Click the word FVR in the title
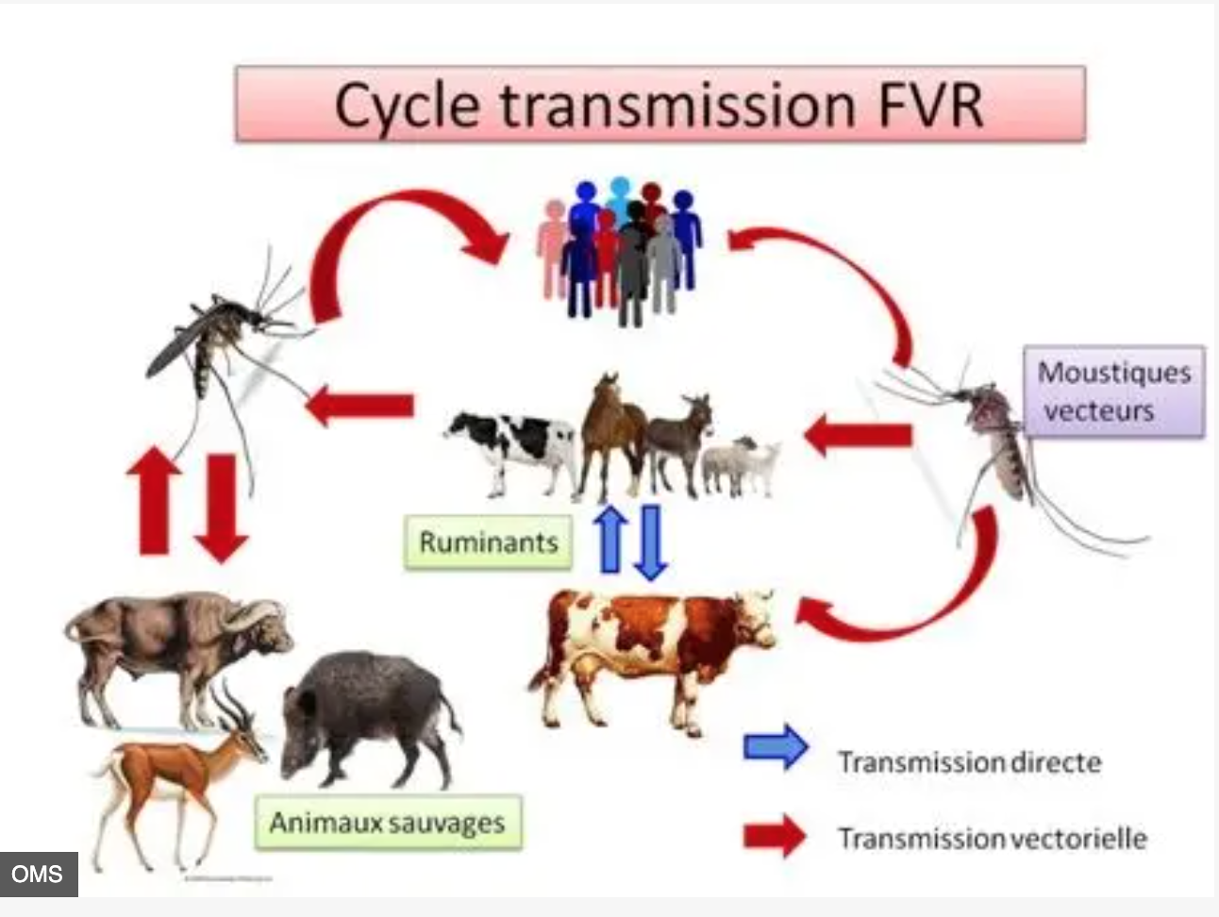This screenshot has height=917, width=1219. [x=929, y=105]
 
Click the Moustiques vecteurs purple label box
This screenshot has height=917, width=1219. [x=1114, y=392]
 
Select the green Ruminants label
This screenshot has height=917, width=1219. [x=488, y=542]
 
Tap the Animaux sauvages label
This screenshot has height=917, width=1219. [x=388, y=823]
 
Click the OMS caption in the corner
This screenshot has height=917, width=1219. [x=38, y=874]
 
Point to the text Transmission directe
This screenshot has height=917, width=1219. [x=969, y=762]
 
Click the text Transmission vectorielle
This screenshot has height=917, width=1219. [x=993, y=838]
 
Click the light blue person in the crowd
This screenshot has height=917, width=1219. [x=619, y=193]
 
